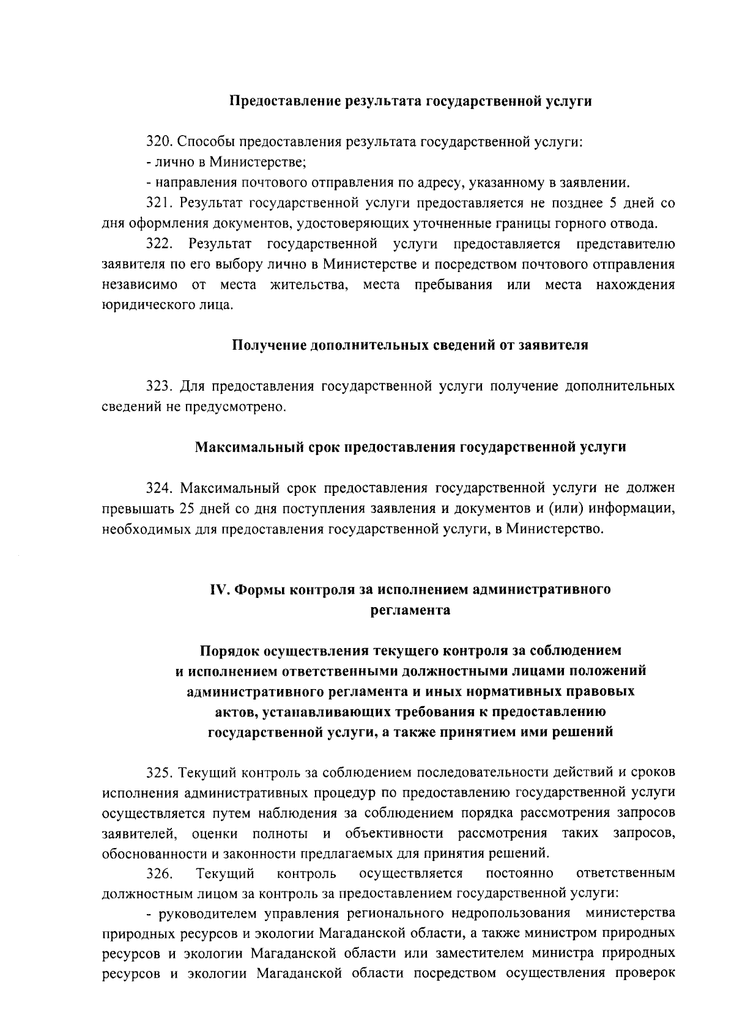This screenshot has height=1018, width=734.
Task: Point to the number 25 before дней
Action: click(x=187, y=508)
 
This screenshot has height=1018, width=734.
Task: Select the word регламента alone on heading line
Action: click(x=410, y=610)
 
